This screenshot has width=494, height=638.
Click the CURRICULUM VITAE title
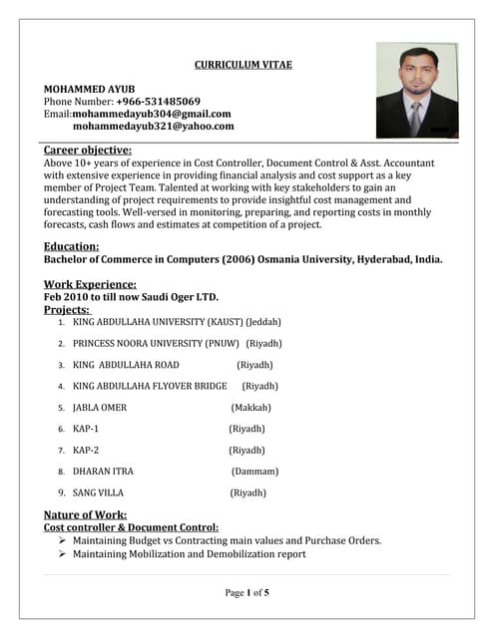243,65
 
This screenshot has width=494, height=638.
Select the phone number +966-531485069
158,101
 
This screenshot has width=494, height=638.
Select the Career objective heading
88,150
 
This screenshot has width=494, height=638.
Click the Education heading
71,246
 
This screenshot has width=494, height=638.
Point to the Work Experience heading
90,284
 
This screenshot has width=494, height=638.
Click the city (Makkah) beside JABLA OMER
250,407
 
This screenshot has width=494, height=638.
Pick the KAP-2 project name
86,450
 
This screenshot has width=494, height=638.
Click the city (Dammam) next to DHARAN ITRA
254,471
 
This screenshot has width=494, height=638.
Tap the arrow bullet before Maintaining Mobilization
62,554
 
